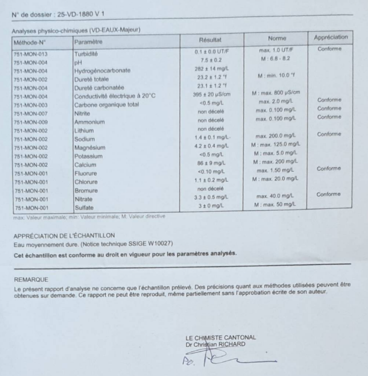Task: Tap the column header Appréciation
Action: click(330, 38)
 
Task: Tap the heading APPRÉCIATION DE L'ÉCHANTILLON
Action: click(65, 235)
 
